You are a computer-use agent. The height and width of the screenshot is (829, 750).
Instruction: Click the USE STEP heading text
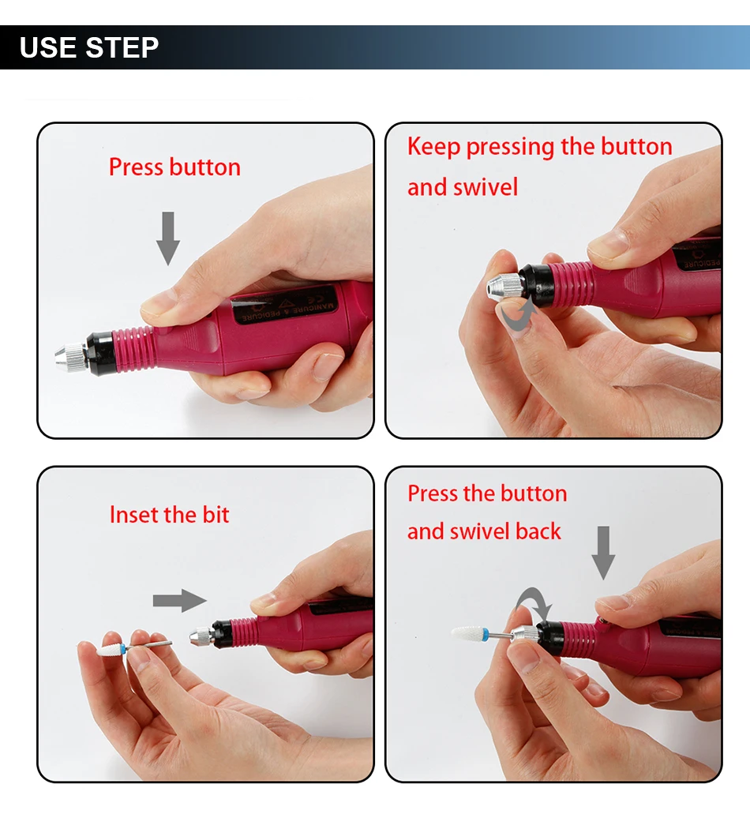click(x=88, y=47)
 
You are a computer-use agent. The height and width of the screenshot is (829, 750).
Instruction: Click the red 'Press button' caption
click(x=175, y=167)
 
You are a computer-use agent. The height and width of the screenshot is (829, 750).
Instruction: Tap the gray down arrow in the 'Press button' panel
click(x=168, y=238)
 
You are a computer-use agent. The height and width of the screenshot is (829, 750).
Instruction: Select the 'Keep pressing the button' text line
click(x=540, y=146)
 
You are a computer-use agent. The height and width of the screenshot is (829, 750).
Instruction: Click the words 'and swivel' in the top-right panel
click(x=463, y=187)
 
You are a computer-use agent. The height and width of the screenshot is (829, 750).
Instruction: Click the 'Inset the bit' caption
click(x=169, y=515)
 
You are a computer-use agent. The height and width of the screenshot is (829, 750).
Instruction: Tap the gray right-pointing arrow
click(x=180, y=601)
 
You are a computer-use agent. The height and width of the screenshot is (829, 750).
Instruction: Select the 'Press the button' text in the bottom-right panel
click(x=487, y=493)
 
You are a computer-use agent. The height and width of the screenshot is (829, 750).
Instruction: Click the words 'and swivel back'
click(x=484, y=531)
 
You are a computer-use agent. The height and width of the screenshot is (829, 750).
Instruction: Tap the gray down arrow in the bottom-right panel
click(x=603, y=553)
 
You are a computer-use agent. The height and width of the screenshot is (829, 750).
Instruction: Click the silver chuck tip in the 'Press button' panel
click(x=71, y=358)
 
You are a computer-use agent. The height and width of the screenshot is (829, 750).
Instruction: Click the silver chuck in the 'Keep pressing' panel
click(x=504, y=288)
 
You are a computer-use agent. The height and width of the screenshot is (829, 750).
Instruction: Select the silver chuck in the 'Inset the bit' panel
click(x=201, y=636)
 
